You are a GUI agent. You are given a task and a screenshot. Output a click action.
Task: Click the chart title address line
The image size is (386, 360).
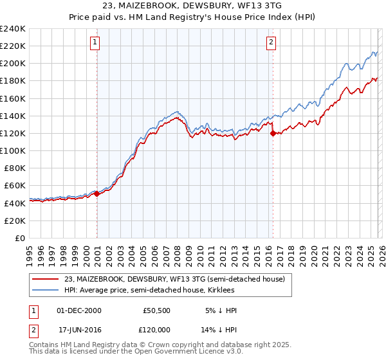pyautogui.click(x=192, y=6)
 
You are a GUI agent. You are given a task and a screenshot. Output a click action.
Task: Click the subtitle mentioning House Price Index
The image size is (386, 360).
pyautogui.click(x=192, y=17)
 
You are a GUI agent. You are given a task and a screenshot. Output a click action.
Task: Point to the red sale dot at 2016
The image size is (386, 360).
pyautogui.click(x=273, y=133)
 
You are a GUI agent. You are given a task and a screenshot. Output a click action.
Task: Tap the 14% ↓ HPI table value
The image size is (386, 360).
pyautogui.click(x=219, y=330)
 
